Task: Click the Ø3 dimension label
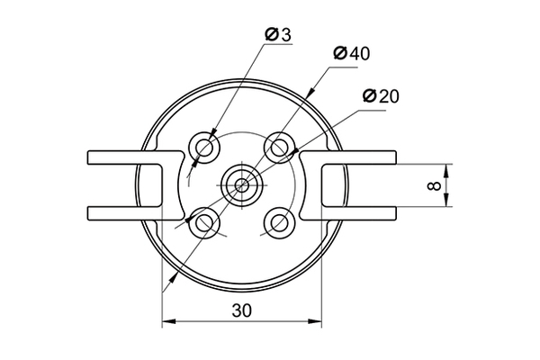point(278,34)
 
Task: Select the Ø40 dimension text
point(352,53)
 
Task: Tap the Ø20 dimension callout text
point(381,96)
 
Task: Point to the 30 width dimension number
point(242,310)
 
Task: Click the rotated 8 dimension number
point(434,186)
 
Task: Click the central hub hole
point(242,185)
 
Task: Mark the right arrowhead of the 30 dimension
point(315,321)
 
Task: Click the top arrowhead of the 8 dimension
point(446,171)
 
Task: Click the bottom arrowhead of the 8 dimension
point(446,200)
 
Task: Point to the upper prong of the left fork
point(134,157)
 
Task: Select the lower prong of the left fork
point(134,213)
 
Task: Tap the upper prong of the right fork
point(347,157)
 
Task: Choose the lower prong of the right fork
point(347,213)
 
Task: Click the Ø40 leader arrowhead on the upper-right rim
point(310,93)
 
